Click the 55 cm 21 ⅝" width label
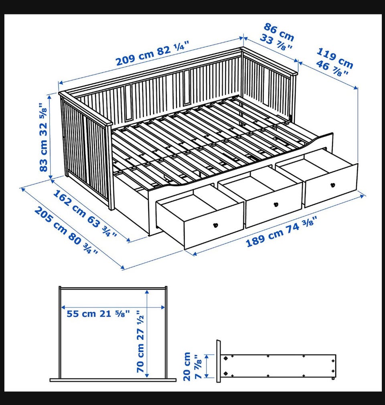[x=98, y=314]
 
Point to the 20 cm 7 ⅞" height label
[x=192, y=366]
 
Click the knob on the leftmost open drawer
[x=215, y=225]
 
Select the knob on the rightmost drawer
[x=332, y=185]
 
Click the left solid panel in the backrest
[x=128, y=102]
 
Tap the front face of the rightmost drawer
[x=332, y=185]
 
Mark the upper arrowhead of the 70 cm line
[x=147, y=292]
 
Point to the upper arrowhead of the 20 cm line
[x=207, y=357]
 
